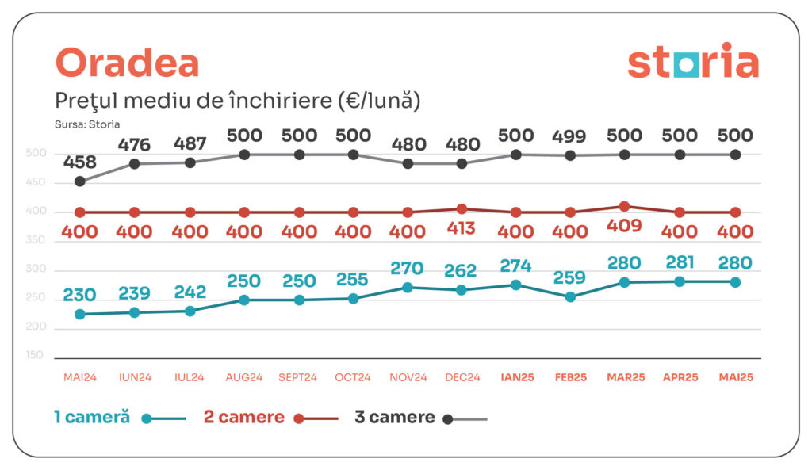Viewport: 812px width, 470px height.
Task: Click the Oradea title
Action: tap(127, 63)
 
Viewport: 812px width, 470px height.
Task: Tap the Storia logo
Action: tap(692, 63)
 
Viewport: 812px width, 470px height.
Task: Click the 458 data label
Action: tap(79, 163)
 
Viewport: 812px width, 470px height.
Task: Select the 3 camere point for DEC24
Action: tap(462, 164)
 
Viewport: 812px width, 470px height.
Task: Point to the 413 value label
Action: tap(462, 229)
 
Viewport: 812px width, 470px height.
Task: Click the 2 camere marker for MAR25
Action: tap(625, 206)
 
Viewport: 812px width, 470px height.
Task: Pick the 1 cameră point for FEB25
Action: tap(570, 297)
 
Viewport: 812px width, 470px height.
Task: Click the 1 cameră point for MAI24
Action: tap(79, 314)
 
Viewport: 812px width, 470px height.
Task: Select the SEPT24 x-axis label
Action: tap(299, 378)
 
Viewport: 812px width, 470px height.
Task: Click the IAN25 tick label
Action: tap(517, 378)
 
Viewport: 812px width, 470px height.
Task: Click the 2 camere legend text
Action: tap(244, 418)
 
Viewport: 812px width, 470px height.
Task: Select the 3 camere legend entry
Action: tap(395, 418)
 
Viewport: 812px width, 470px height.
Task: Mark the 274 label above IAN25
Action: tap(516, 266)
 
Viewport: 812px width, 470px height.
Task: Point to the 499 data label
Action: tap(571, 136)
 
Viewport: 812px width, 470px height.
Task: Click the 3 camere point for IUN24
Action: tap(135, 164)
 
